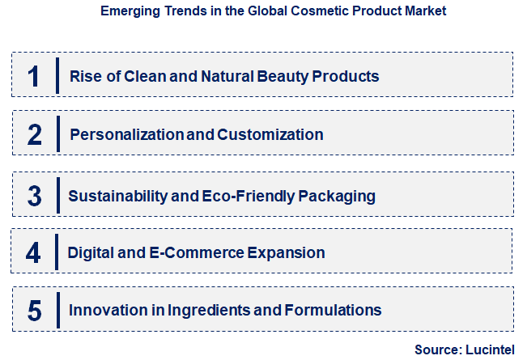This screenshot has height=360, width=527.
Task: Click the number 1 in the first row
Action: pyautogui.click(x=33, y=76)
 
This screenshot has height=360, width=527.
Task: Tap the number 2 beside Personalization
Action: pyautogui.click(x=34, y=134)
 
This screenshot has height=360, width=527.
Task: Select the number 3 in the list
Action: pyautogui.click(x=34, y=195)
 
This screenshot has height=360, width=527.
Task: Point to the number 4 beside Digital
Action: pyautogui.click(x=33, y=252)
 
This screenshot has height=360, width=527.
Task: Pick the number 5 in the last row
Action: pyautogui.click(x=34, y=310)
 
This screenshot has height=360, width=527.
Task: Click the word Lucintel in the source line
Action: pyautogui.click(x=491, y=349)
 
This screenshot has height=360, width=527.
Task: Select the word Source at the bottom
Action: pyautogui.click(x=436, y=349)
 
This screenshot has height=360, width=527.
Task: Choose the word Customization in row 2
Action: pyautogui.click(x=270, y=134)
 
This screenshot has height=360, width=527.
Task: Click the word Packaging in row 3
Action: pyautogui.click(x=338, y=195)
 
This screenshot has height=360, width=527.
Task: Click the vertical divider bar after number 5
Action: pyautogui.click(x=57, y=310)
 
